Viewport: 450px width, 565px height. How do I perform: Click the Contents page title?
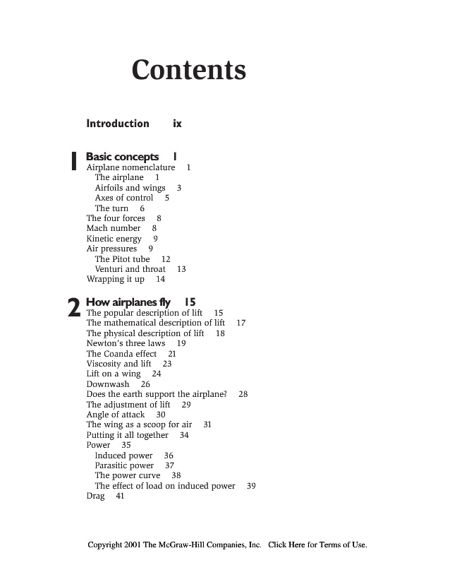tap(188, 70)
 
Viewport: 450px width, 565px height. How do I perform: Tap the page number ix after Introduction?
tap(177, 124)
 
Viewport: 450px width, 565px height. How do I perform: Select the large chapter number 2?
tap(73, 308)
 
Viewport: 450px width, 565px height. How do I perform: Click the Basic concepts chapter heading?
tap(122, 156)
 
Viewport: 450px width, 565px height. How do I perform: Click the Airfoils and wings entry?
tap(130, 188)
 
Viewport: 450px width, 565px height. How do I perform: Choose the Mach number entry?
tap(113, 229)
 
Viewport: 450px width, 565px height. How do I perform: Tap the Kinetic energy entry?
tap(114, 239)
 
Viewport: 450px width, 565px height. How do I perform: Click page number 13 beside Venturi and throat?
tap(181, 269)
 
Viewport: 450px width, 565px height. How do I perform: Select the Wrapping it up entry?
tap(115, 279)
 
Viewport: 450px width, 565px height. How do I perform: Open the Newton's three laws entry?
tap(126, 343)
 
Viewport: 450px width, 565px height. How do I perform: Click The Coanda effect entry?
tap(121, 353)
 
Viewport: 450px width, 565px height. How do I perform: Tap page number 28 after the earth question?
tap(243, 394)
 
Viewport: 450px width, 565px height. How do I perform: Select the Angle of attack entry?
tap(116, 415)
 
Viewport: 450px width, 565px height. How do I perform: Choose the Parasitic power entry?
tap(124, 465)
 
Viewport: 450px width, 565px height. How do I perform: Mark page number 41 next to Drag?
tap(120, 496)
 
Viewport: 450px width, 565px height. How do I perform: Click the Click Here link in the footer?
tap(286, 545)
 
